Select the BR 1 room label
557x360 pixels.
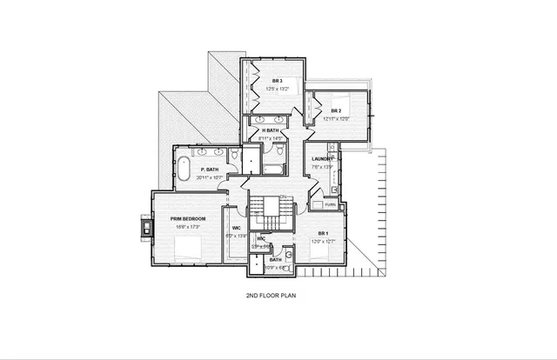pos(323,233)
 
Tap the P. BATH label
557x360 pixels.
pos(208,170)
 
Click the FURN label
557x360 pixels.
pos(330,204)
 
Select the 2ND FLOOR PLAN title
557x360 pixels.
pos(278,296)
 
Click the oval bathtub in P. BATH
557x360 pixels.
pos(185,169)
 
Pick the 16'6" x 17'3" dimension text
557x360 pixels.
pos(187,226)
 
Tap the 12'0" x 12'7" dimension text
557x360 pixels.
pos(322,242)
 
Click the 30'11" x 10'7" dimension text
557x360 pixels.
pos(210,177)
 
